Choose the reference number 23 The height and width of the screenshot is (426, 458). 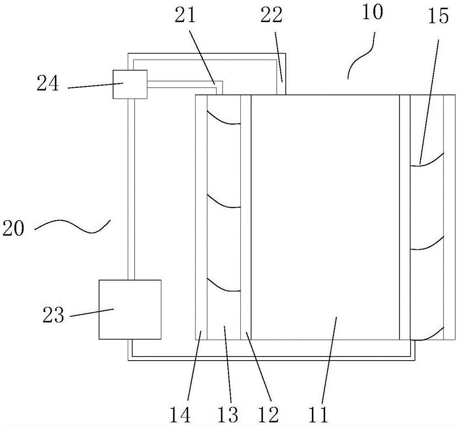tap(54, 316)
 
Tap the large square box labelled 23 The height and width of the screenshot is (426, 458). tap(130, 309)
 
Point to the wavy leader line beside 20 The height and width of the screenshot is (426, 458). tap(73, 226)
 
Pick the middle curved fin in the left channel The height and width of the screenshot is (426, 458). tap(223, 202)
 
